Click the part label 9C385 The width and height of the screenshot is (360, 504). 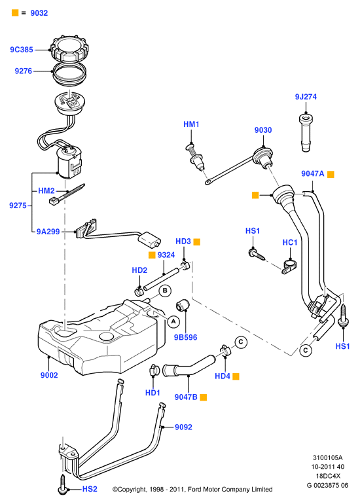(22, 50)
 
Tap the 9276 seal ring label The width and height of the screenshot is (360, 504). (24, 71)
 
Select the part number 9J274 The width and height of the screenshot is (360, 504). (306, 97)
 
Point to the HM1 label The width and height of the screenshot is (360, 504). (191, 124)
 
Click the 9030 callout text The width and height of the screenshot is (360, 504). (263, 130)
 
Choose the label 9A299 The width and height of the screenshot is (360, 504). (48, 232)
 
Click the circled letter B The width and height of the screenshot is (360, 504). (165, 291)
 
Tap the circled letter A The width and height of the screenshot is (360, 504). (174, 321)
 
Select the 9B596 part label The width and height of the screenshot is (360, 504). (185, 338)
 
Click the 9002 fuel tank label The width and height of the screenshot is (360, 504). (49, 375)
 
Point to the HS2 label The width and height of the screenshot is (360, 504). (90, 489)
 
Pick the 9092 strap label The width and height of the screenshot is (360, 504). (183, 427)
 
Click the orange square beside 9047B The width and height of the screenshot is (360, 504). (203, 397)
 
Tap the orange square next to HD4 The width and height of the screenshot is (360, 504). (236, 376)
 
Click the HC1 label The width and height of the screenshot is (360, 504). (290, 242)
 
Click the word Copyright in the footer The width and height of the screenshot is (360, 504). (131, 490)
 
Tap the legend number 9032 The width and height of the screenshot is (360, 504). (39, 13)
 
